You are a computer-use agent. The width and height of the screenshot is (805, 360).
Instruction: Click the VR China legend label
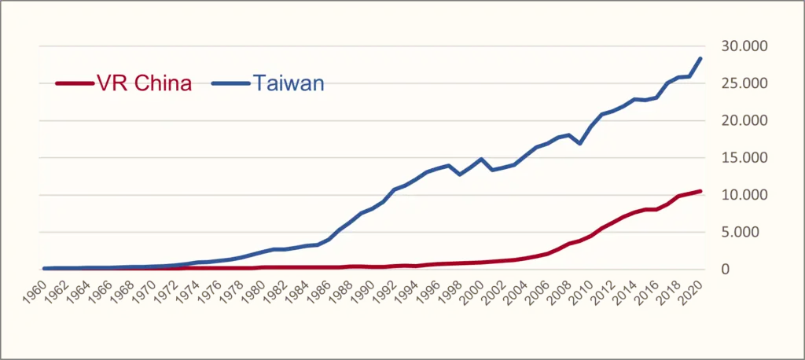pyautogui.click(x=143, y=84)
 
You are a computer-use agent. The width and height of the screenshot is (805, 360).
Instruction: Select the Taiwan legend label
pyautogui.click(x=289, y=84)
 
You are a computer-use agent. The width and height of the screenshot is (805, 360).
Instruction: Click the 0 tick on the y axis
pyautogui.click(x=757, y=270)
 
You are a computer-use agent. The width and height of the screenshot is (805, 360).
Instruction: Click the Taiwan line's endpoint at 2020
pyautogui.click(x=700, y=58)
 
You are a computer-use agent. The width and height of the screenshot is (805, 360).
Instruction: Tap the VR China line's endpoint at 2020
pyautogui.click(x=700, y=191)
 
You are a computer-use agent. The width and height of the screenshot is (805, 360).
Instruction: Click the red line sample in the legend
pyautogui.click(x=73, y=84)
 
